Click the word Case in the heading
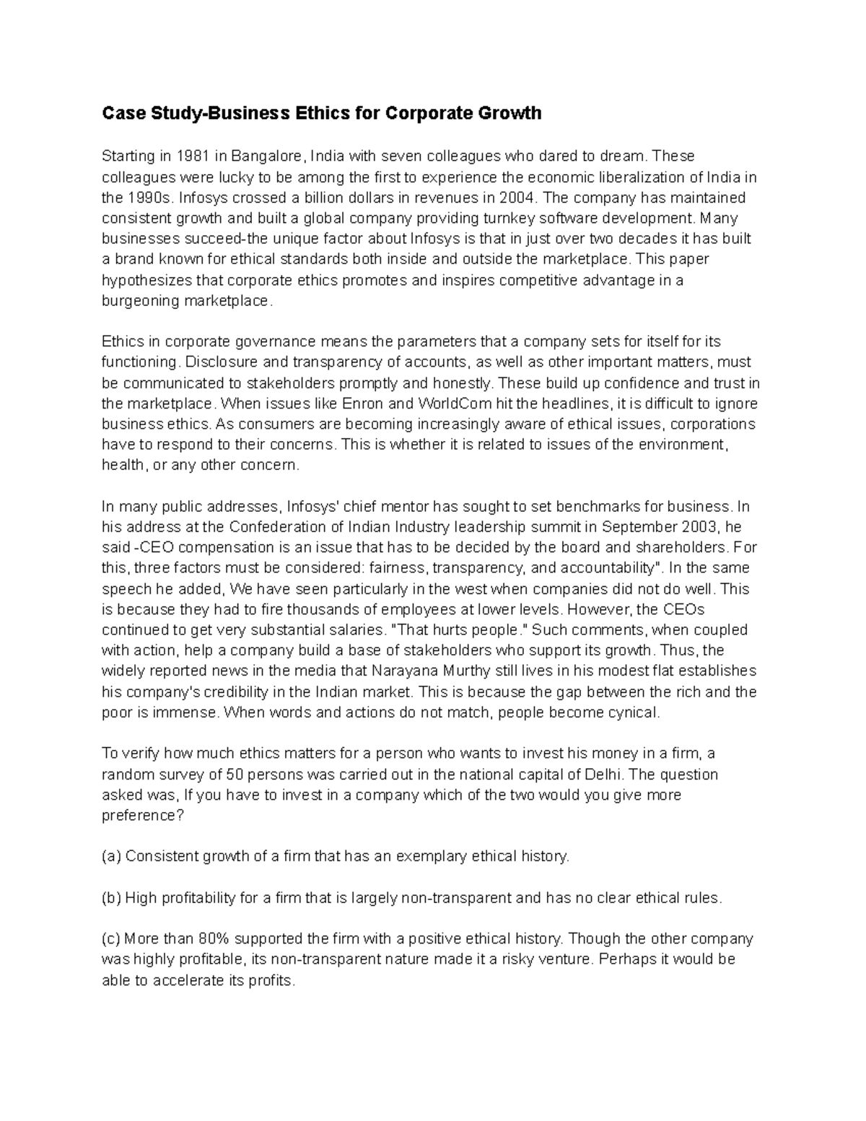(119, 113)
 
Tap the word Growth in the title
(510, 113)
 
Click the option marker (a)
(111, 856)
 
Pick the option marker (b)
(111, 898)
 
